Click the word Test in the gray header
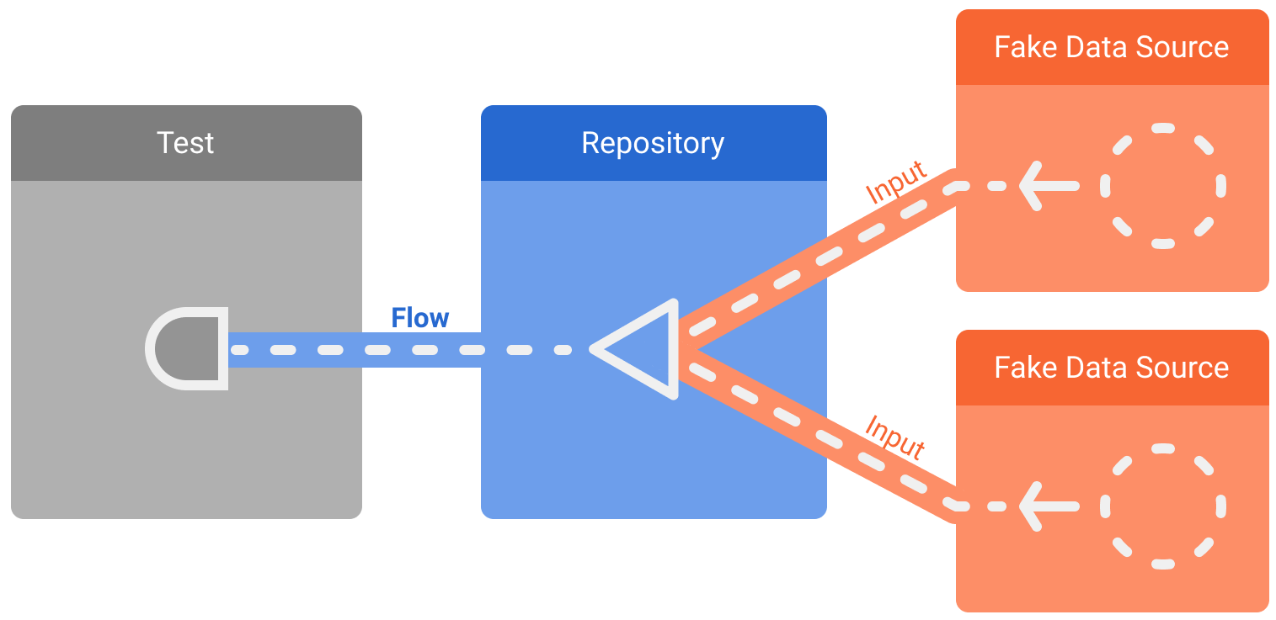[185, 143]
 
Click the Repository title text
[653, 143]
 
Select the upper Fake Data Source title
[1111, 47]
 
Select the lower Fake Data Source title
[1111, 368]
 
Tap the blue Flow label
[419, 318]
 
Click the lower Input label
[896, 436]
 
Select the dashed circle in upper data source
[1162, 186]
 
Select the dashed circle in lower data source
[1162, 506]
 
